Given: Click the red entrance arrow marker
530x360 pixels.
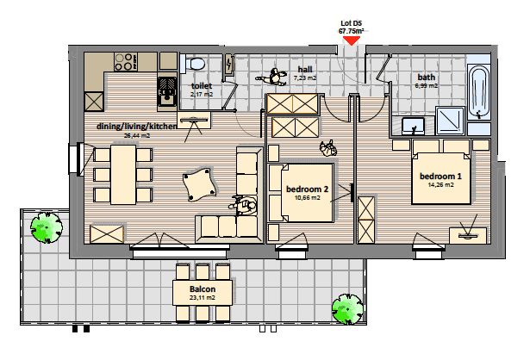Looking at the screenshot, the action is tap(352, 40).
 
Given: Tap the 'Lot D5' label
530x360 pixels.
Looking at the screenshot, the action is tap(352, 23).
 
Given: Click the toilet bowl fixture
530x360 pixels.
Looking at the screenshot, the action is tap(195, 63).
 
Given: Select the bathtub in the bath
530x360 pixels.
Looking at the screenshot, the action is tap(479, 92).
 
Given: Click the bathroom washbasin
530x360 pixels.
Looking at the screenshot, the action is tap(414, 125).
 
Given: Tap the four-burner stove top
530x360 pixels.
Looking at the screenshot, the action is tap(126, 62).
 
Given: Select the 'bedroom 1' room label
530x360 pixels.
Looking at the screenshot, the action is tap(440, 176).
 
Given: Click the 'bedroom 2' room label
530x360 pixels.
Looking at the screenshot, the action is tap(308, 189).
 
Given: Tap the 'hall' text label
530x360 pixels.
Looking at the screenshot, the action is tap(305, 70).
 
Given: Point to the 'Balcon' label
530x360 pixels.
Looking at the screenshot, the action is tap(203, 289).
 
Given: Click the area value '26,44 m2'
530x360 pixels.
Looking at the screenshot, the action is tap(137, 136).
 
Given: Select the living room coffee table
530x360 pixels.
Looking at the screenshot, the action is tap(199, 184).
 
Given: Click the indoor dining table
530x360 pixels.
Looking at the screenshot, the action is tap(123, 175).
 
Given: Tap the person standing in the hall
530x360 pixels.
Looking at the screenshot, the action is tap(273, 78).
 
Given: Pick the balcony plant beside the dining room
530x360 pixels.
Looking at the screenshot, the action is tap(47, 227).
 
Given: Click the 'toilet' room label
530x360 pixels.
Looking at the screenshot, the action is tap(202, 86).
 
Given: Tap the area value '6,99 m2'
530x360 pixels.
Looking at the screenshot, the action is tap(427, 86).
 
